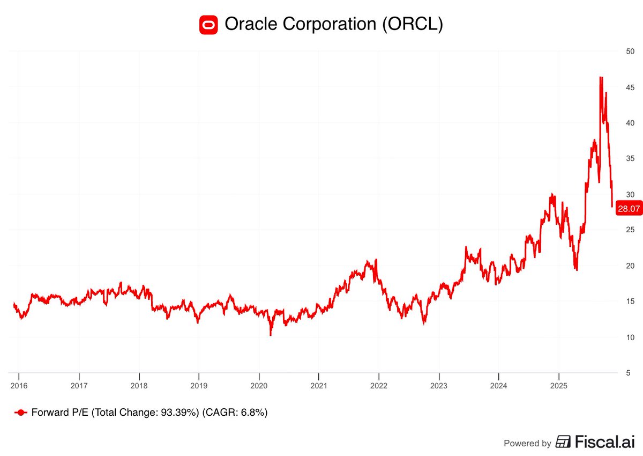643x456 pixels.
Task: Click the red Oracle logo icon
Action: [x=208, y=25]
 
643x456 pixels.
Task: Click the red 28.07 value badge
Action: [x=629, y=209]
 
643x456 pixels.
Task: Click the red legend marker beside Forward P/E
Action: [x=21, y=413]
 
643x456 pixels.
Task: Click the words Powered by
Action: [x=527, y=443]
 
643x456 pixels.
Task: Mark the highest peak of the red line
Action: [x=601, y=77]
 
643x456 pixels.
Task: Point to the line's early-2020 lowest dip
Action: [x=271, y=335]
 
